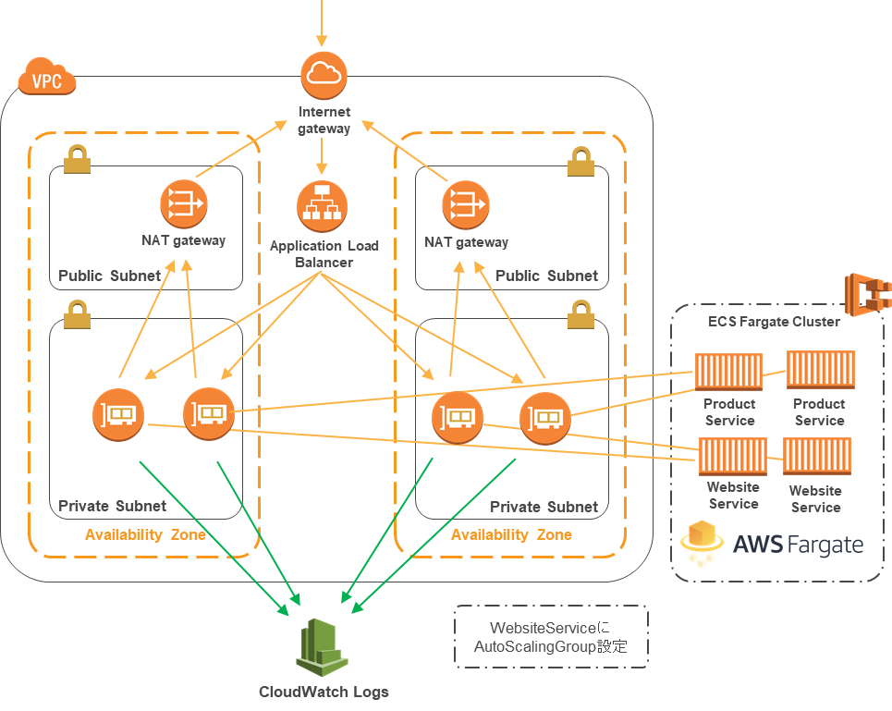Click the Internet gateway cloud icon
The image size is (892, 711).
[324, 76]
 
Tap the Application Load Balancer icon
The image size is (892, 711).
[322, 206]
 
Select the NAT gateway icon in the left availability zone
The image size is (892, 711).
[183, 204]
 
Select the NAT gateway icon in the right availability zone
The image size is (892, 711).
[466, 204]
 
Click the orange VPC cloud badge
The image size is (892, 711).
[46, 81]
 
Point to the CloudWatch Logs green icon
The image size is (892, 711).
[322, 648]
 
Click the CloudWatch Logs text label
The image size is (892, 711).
[324, 692]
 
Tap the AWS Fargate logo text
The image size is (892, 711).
[798, 544]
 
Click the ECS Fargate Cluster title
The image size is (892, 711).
[774, 322]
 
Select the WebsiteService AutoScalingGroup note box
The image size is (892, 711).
[550, 637]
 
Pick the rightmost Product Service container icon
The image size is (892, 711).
[820, 370]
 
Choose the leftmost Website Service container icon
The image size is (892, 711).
[732, 457]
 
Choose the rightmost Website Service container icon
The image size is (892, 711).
[816, 457]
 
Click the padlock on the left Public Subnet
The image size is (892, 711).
[77, 162]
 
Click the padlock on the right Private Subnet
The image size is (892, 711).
[580, 315]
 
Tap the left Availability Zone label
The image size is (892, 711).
[145, 535]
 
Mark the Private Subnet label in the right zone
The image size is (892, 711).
[544, 507]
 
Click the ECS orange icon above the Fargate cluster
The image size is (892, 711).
[867, 295]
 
